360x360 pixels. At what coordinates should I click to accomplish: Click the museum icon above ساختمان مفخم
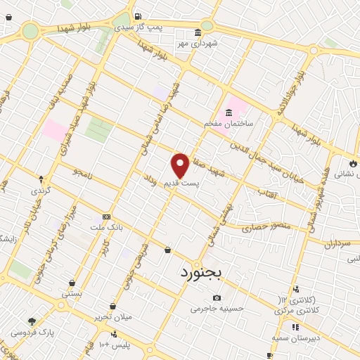coord(229,112)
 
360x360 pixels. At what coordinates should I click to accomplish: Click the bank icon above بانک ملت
coord(106,217)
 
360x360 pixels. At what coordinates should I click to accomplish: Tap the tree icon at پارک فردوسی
coord(31,321)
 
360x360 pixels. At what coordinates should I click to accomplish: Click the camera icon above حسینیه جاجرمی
coord(216,297)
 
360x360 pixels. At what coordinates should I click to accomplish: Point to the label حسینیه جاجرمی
coord(216,308)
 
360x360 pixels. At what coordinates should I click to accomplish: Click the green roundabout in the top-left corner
coord(30,30)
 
